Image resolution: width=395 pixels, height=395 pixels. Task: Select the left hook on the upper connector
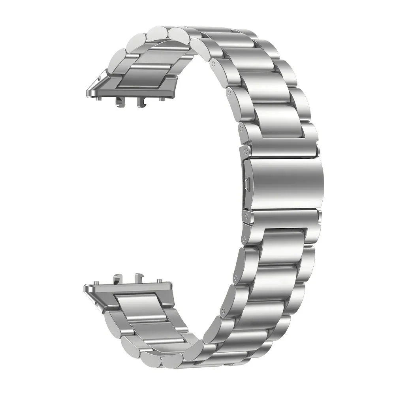pyautogui.click(x=118, y=102)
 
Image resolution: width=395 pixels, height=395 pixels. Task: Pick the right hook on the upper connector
pyautogui.click(x=139, y=102)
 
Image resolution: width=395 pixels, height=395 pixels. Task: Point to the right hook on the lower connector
pyautogui.click(x=139, y=276)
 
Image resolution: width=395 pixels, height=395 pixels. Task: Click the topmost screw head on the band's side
pyautogui.click(x=214, y=62)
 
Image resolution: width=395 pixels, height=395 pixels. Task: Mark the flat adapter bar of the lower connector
pyautogui.click(x=130, y=290)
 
